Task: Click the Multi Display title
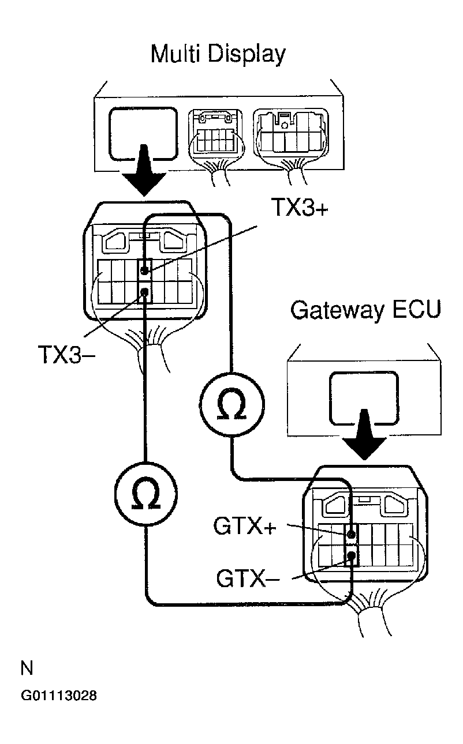click(x=218, y=54)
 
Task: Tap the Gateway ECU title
click(x=365, y=310)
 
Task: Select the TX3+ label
click(x=300, y=208)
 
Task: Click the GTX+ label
click(x=245, y=526)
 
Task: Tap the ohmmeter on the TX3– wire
click(x=146, y=493)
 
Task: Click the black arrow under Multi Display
click(x=144, y=173)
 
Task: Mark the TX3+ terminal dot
click(x=144, y=269)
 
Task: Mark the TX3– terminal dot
click(x=144, y=292)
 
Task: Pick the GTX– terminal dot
click(x=350, y=556)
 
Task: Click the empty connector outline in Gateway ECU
click(x=364, y=399)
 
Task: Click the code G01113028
click(x=58, y=696)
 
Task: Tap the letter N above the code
click(x=27, y=668)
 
